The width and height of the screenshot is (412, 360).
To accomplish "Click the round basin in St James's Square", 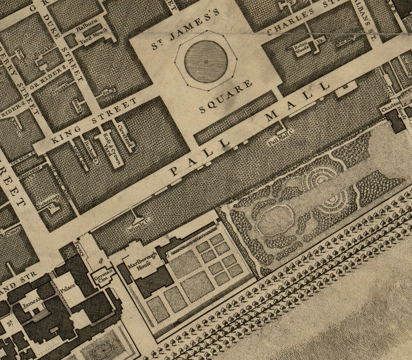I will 206,61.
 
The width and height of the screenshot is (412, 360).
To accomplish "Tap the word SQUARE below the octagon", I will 226,97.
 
